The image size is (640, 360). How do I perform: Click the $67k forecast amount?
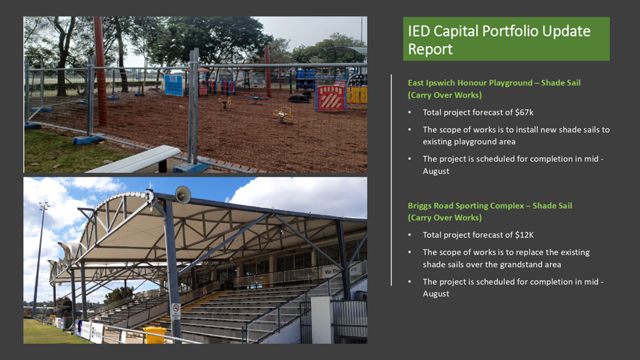pos(524,112)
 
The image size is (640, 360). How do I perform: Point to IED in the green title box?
pos(418,31)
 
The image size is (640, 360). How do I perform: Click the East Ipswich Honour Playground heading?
pos(494,89)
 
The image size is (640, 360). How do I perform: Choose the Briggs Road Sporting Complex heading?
pos(490,212)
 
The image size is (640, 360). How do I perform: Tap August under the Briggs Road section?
pos(436,294)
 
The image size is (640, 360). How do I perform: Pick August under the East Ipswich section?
pos(436,171)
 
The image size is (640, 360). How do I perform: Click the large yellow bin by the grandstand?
pos(155,335)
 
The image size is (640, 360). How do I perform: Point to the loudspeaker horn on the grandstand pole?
pos(182,194)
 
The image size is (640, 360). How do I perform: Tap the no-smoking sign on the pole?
pos(175,311)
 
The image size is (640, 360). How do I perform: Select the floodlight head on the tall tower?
pos(44,206)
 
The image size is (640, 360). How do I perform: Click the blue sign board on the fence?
pos(174,85)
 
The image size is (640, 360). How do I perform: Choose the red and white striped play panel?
pos(331,98)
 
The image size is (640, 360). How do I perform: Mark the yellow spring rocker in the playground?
pos(283,113)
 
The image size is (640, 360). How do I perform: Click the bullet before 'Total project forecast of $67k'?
pos(410,112)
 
